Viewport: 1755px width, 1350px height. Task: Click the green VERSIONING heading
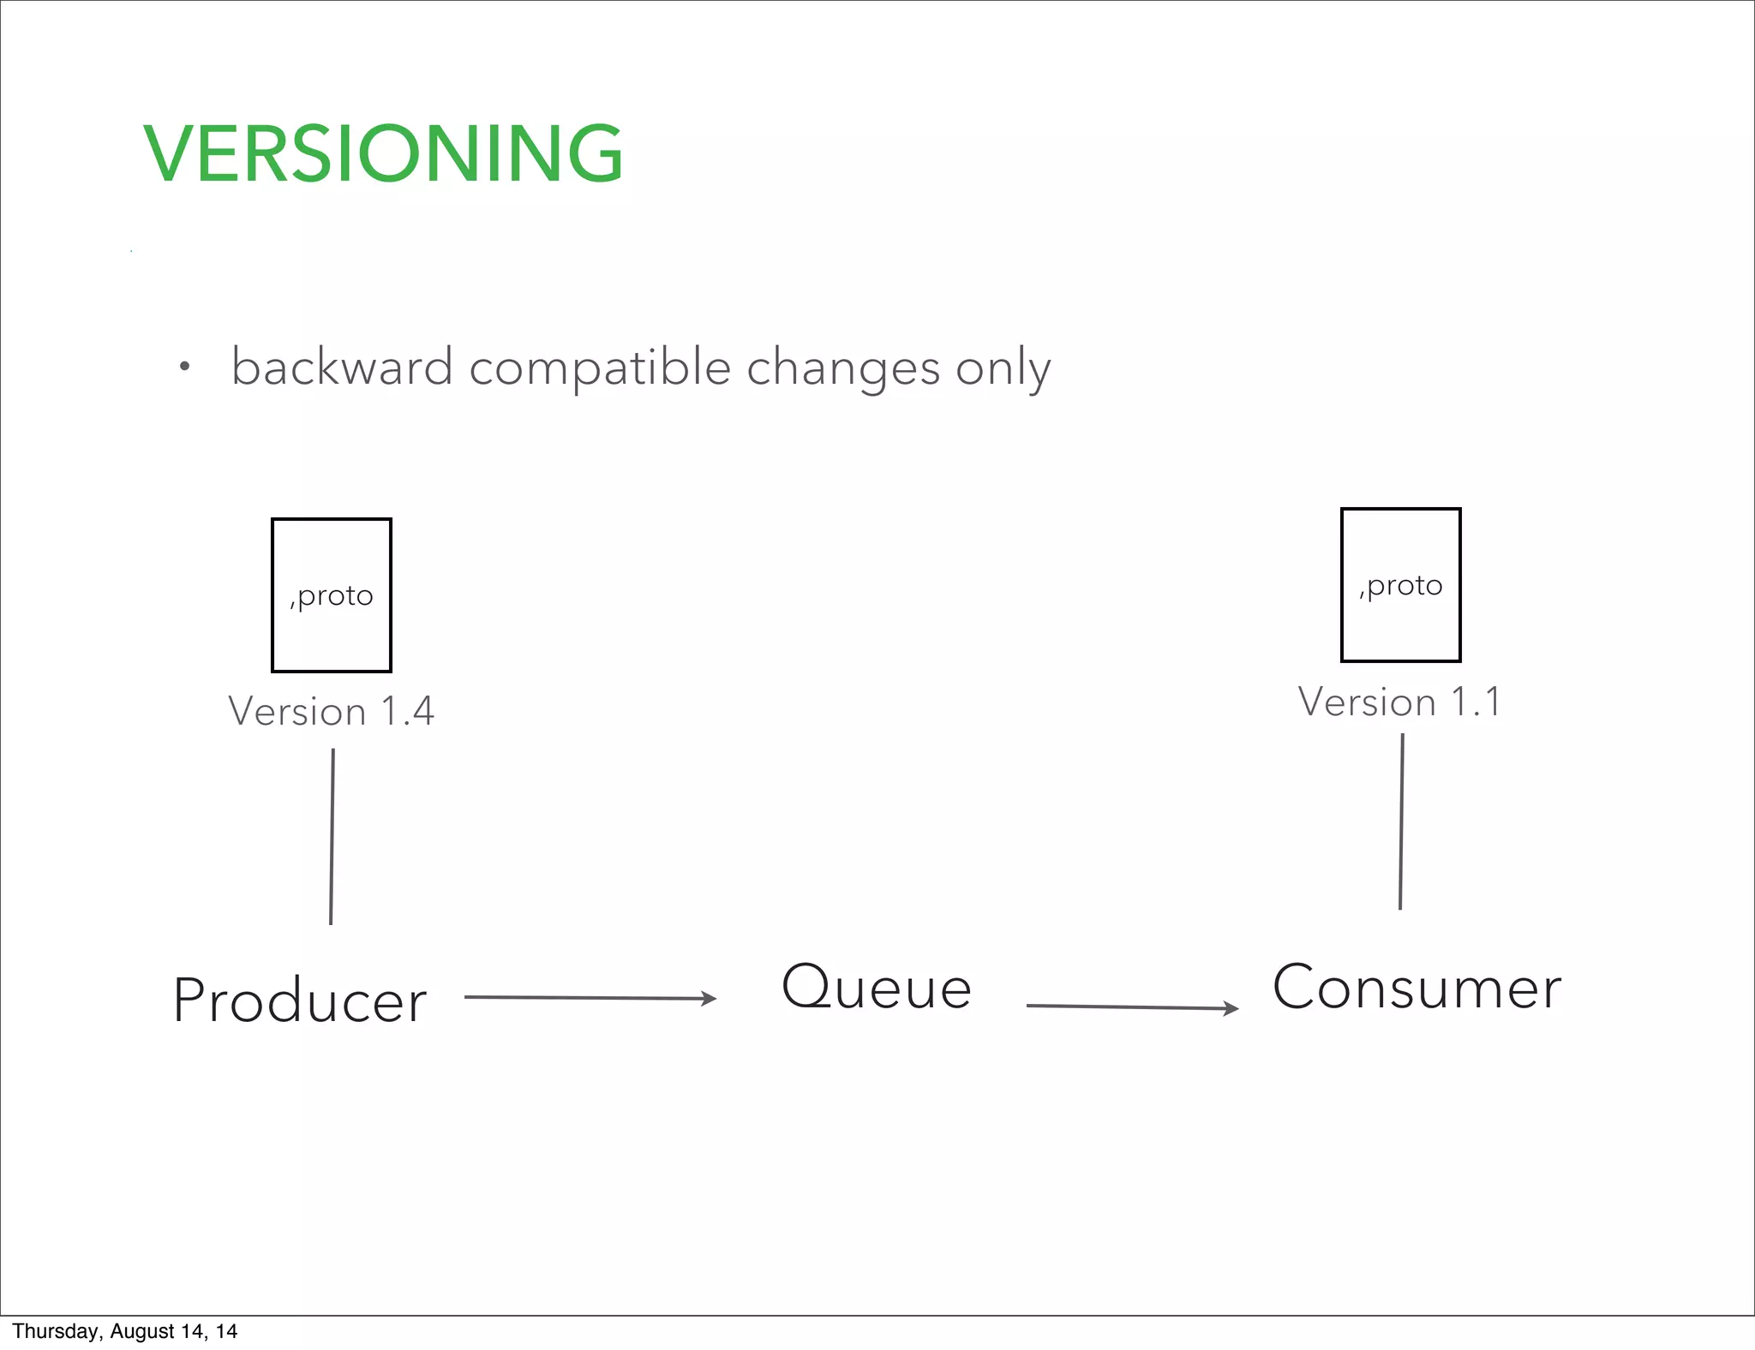pos(383,154)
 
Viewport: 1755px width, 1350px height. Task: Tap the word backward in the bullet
pos(342,367)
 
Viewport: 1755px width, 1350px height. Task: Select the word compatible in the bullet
pos(600,369)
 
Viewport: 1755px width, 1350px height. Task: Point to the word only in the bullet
pos(1003,369)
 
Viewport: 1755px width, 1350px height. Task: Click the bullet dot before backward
pos(184,368)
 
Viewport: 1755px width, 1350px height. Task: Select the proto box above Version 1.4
pos(332,595)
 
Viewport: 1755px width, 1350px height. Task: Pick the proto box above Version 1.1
pos(1400,585)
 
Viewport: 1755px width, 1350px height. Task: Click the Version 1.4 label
pos(332,712)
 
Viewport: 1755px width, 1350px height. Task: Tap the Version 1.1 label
pos(1399,702)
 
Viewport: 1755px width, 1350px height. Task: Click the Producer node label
pos(300,1001)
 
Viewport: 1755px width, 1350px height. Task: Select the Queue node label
pos(877,988)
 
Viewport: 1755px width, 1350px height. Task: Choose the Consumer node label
pos(1417,988)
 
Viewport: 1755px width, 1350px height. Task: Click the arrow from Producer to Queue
pos(590,998)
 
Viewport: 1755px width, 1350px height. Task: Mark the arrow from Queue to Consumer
pos(1131,1007)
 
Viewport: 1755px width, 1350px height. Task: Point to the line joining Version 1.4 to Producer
pos(332,837)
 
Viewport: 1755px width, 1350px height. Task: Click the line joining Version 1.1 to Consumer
pos(1401,821)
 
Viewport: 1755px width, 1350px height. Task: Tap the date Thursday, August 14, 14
pos(125,1331)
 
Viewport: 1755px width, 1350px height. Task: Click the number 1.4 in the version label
pos(407,712)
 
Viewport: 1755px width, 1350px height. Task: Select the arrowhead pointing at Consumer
pos(1231,1009)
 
